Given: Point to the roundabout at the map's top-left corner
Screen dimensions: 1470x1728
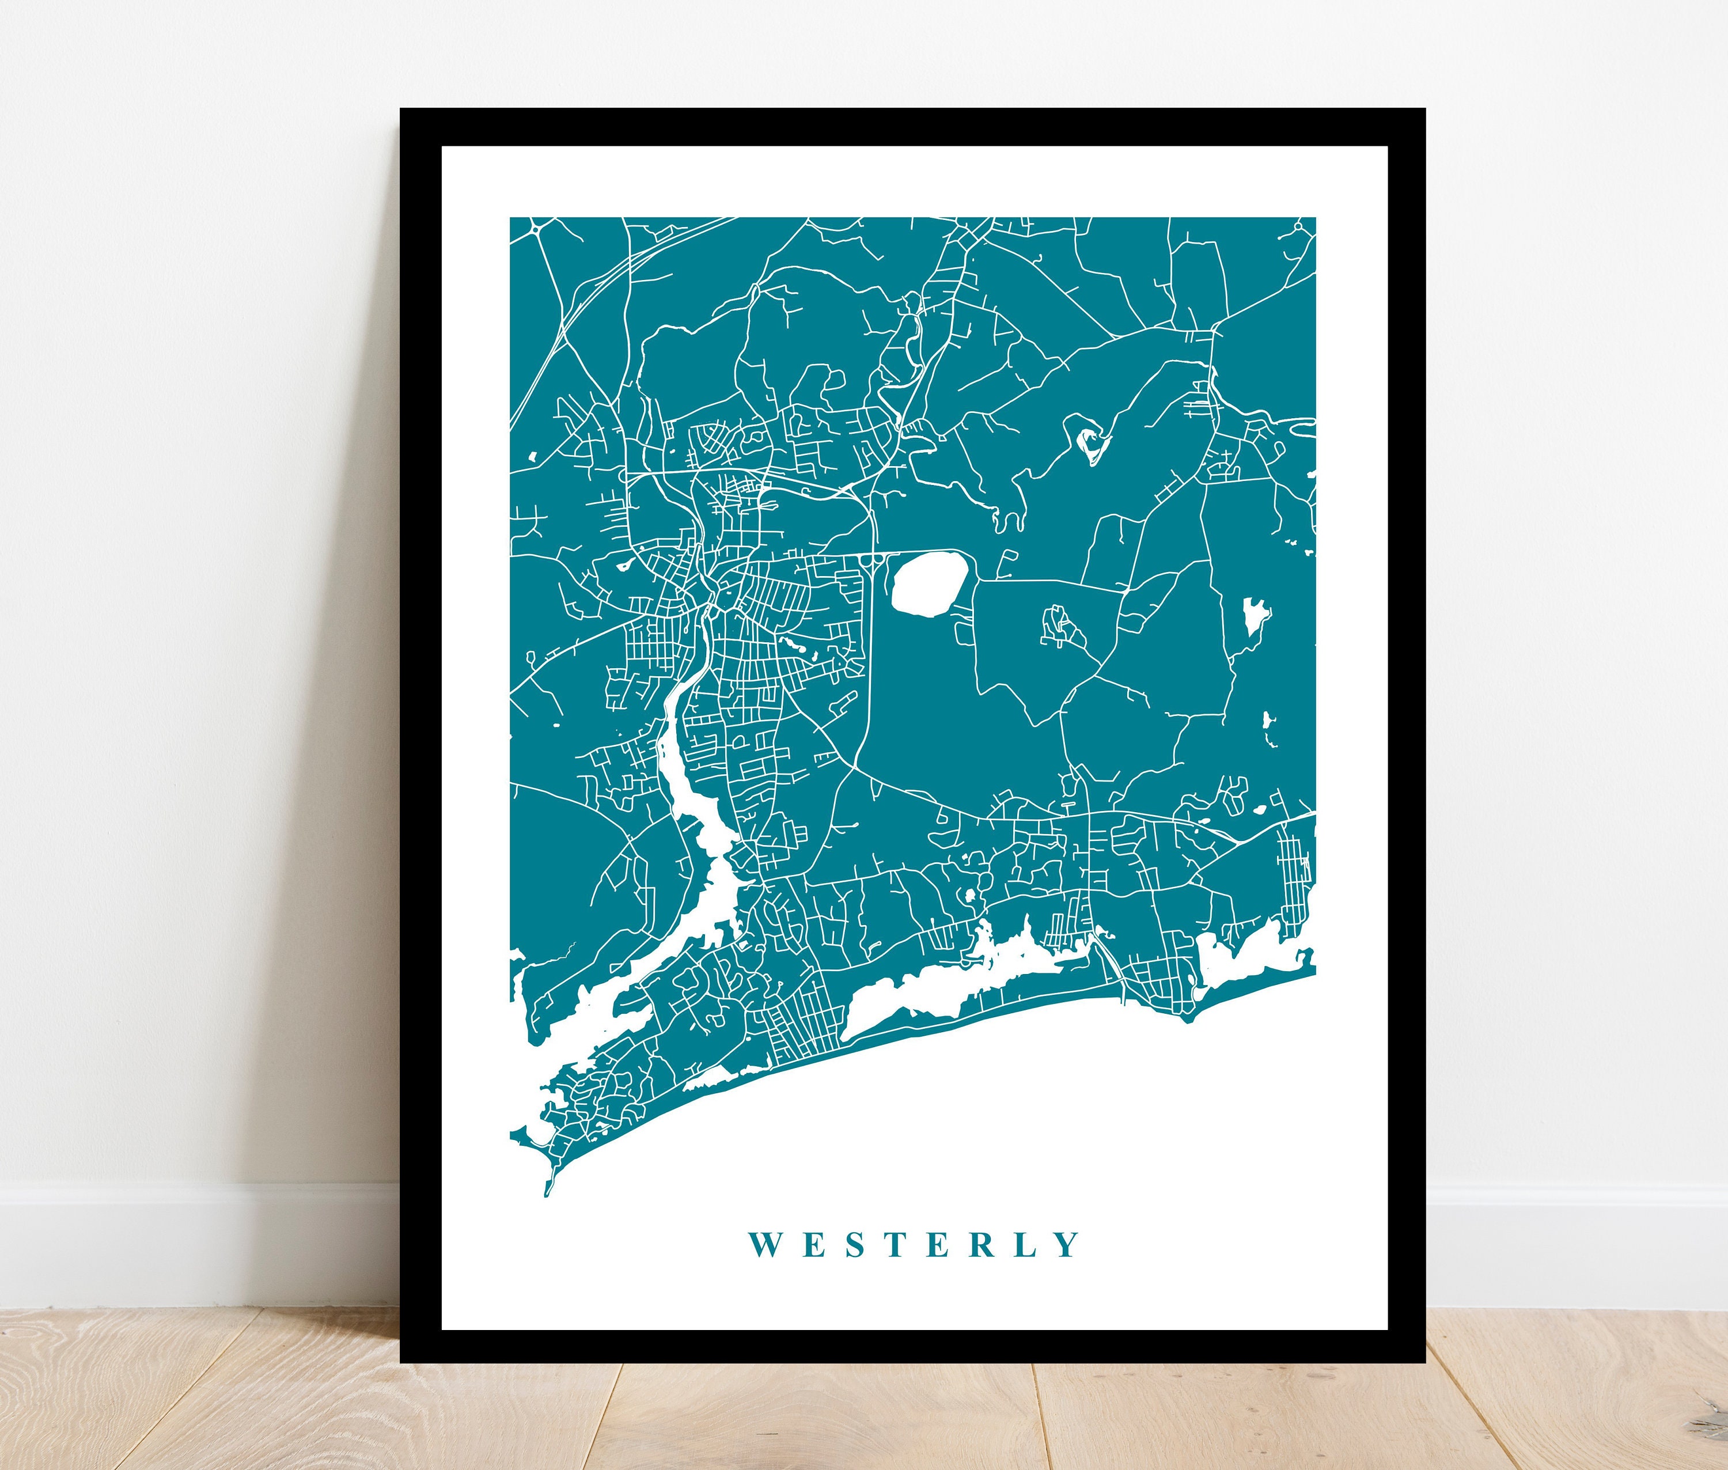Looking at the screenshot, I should coord(534,225).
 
